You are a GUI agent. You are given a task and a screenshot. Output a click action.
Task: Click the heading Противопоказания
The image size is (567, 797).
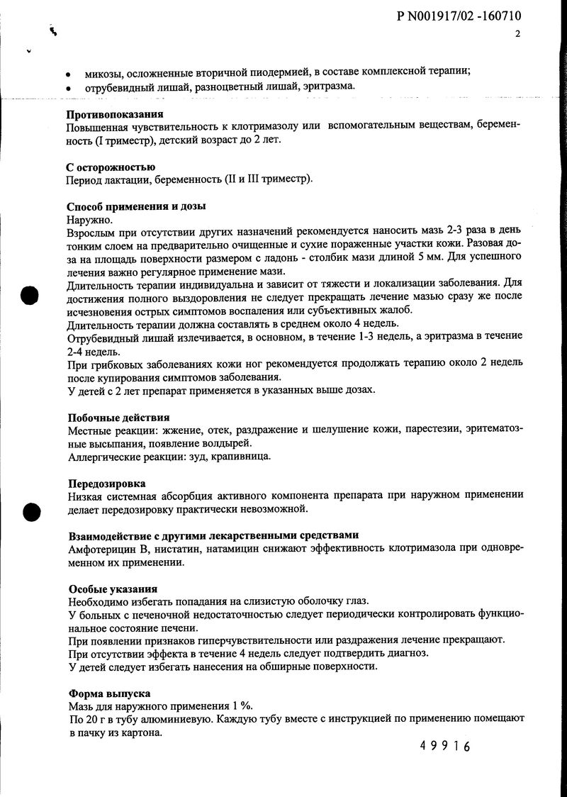115,114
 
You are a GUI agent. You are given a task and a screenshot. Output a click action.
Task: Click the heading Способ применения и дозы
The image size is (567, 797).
136,207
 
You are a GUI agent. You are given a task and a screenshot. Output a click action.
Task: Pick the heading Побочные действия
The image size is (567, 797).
118,418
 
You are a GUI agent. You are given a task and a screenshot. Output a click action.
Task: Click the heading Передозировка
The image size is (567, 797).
107,484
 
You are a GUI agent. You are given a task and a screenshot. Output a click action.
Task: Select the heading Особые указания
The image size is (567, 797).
113,589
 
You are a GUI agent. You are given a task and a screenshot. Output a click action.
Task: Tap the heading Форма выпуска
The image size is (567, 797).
109,693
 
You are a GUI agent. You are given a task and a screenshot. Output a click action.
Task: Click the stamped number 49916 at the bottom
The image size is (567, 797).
444,746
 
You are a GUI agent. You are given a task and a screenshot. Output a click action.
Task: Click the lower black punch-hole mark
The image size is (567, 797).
30,511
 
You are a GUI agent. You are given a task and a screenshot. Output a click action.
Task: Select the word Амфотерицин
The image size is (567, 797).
103,548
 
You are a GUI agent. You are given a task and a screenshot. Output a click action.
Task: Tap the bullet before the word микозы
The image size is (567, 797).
68,74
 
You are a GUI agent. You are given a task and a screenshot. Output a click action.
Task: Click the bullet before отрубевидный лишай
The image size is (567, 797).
68,87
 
